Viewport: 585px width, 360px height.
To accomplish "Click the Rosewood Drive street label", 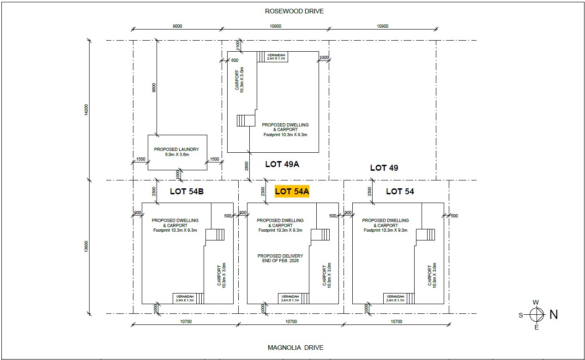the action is (294, 11).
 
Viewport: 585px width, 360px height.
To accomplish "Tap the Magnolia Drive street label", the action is (296, 348).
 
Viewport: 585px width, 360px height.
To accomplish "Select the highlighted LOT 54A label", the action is (292, 192).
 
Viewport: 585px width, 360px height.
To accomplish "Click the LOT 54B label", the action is (187, 192).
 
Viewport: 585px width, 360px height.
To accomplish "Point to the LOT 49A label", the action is (282, 164).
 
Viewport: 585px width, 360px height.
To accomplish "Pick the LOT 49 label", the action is (384, 168).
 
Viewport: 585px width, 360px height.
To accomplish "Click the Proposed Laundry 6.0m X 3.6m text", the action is (176, 152).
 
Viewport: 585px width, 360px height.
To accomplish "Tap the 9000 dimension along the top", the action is (177, 26).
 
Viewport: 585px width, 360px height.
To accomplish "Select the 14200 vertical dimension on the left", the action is (86, 110).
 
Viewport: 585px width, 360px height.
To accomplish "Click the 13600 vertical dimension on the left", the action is (86, 246).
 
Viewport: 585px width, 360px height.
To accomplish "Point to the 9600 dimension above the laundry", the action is (154, 88).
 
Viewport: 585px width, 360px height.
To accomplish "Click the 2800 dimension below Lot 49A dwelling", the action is (247, 166).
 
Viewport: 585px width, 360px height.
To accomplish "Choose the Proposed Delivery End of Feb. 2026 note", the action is (280, 258).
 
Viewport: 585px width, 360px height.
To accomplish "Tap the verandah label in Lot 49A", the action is (276, 57).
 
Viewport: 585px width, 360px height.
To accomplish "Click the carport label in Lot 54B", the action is (222, 276).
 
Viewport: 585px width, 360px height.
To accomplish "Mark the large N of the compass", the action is (554, 315).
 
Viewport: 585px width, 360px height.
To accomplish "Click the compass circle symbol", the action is (537, 315).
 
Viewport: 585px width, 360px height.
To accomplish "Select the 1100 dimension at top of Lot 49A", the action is (237, 46).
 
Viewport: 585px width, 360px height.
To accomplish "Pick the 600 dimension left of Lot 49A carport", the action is (235, 60).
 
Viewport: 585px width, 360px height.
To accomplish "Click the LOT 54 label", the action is (400, 192).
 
